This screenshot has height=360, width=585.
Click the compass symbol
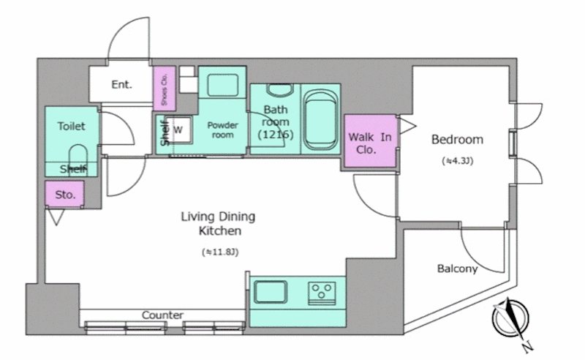click(x=510, y=319)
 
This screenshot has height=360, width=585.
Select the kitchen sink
click(x=271, y=292)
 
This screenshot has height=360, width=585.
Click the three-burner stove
click(x=322, y=292)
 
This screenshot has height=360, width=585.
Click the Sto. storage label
click(x=65, y=195)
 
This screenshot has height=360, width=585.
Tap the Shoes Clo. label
click(x=165, y=89)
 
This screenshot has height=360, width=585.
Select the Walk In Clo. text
click(x=370, y=143)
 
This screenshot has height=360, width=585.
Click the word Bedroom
click(x=457, y=139)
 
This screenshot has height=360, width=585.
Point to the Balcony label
click(x=457, y=269)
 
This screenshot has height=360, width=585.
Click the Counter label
click(x=162, y=315)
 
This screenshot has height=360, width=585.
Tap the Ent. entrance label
click(x=121, y=85)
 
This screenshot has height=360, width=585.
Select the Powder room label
click(x=223, y=130)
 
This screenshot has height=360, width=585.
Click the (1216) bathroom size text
click(x=276, y=135)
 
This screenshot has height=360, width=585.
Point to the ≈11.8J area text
click(x=220, y=252)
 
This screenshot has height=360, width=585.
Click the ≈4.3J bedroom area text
click(x=458, y=161)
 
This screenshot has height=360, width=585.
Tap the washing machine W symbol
click(x=178, y=130)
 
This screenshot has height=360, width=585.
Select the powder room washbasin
click(x=223, y=85)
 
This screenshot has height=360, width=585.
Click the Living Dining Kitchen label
click(x=218, y=223)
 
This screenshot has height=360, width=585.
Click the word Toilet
click(x=71, y=127)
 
